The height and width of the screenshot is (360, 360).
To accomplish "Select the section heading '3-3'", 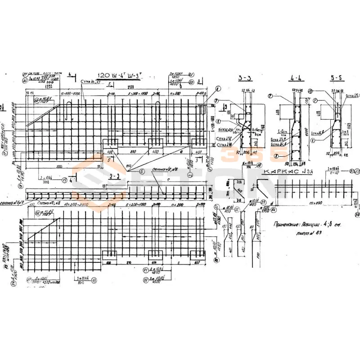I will pyautogui.click(x=245, y=78).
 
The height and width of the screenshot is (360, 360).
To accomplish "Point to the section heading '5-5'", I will pyautogui.click(x=337, y=78).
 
